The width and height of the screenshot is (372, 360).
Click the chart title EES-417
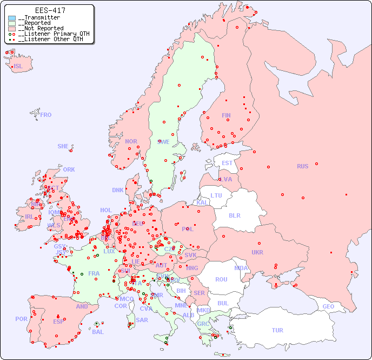pyautogui.click(x=50, y=10)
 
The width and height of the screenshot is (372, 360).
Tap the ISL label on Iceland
pyautogui.click(x=18, y=67)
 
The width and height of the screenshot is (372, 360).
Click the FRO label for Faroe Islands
pyautogui.click(x=46, y=115)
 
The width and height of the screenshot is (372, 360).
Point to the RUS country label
pyautogui.click(x=302, y=166)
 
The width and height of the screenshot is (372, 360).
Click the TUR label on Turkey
pyautogui.click(x=277, y=330)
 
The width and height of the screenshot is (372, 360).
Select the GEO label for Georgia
pyautogui.click(x=328, y=306)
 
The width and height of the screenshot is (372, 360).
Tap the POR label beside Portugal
pyautogui.click(x=21, y=319)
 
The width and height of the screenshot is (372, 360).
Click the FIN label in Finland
pyautogui.click(x=226, y=115)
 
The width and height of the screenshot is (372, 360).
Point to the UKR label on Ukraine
pyautogui.click(x=257, y=252)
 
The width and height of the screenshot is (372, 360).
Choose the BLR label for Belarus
pyautogui.click(x=235, y=215)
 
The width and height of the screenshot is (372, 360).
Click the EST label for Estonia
pyautogui.click(x=227, y=163)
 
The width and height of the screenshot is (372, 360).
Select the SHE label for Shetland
pyautogui.click(x=63, y=146)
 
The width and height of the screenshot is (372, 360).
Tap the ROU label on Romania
pyautogui.click(x=221, y=279)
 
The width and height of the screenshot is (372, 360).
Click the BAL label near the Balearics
pyautogui.click(x=98, y=332)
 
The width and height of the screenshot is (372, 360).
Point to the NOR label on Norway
pyautogui.click(x=131, y=141)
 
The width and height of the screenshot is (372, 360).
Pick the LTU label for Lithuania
pyautogui.click(x=216, y=195)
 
